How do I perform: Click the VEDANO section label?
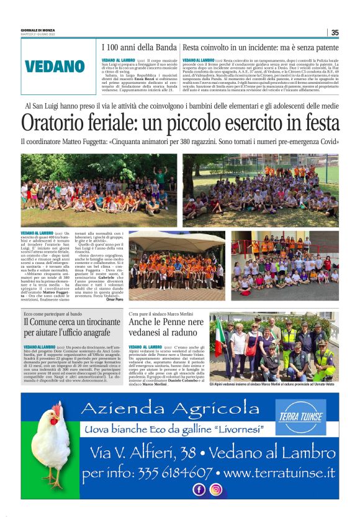[x=55, y=66]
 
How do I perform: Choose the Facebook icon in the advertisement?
[x=199, y=489]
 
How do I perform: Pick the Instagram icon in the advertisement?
[x=215, y=489]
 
